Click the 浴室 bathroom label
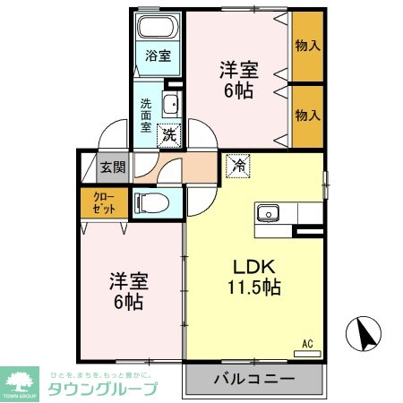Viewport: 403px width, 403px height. tap(158, 55)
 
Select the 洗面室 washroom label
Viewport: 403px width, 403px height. tap(145, 115)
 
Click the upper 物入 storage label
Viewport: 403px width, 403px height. tap(307, 45)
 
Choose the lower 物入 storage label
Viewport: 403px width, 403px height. tap(307, 113)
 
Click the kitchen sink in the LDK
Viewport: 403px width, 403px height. tap(270, 213)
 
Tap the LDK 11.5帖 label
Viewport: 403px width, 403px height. tap(252, 276)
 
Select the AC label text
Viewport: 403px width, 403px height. tap(307, 343)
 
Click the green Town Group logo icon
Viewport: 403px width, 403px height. tap(22, 382)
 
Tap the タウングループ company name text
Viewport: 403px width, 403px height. tap(103, 389)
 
